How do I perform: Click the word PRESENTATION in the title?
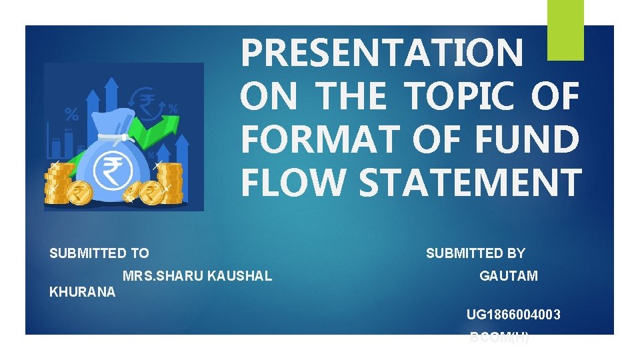[x=382, y=53]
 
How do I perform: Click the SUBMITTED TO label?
[x=99, y=253]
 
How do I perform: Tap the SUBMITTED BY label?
[x=475, y=253]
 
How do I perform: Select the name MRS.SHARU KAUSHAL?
[x=197, y=275]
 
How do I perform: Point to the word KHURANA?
[x=82, y=292]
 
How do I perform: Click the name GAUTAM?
[x=509, y=275]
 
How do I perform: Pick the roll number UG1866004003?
[x=513, y=314]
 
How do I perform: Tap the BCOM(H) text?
[x=500, y=337]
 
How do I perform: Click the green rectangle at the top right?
[x=565, y=29]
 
